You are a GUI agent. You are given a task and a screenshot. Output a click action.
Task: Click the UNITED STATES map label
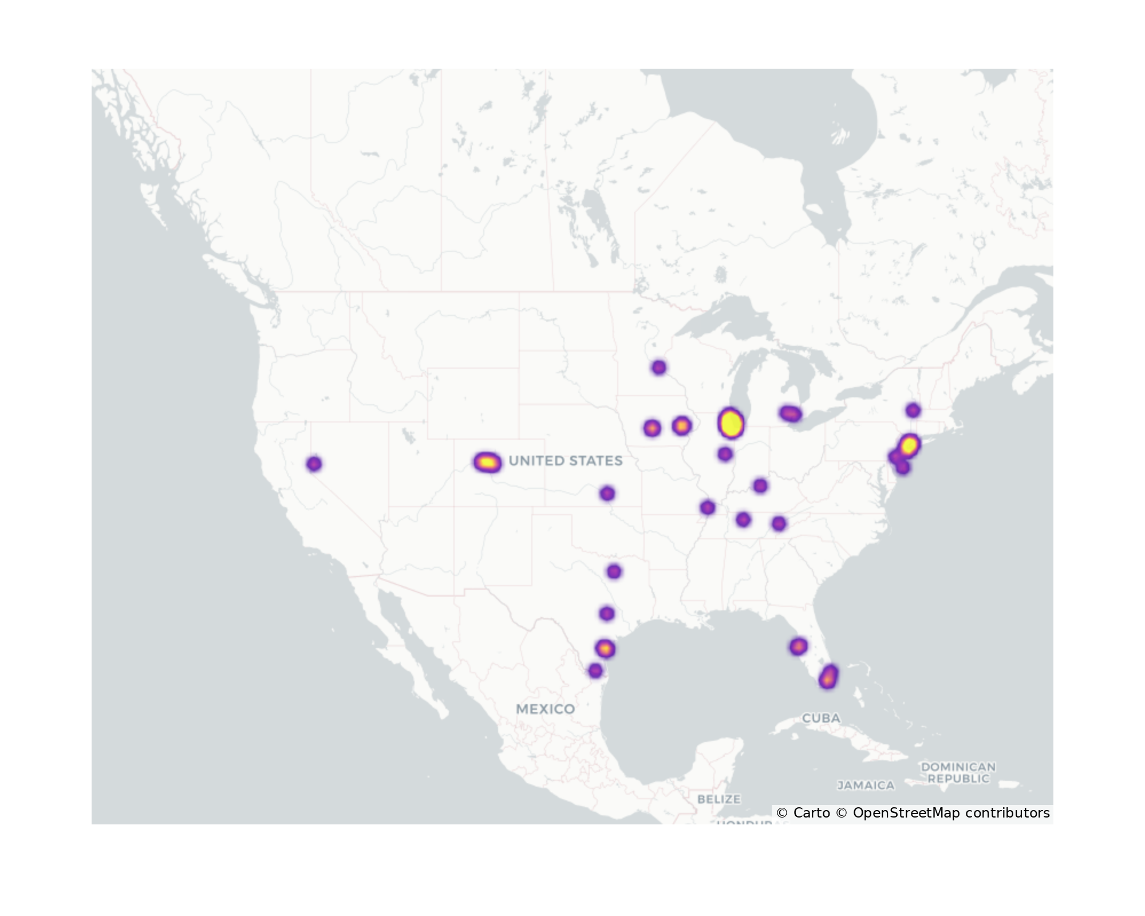[x=565, y=461]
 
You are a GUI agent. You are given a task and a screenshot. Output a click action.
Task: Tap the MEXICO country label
[x=545, y=709]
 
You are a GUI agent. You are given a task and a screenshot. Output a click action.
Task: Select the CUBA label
[x=821, y=718]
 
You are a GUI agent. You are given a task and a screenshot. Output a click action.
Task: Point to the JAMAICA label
[x=866, y=785]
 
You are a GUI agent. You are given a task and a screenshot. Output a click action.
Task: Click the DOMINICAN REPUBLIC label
[x=958, y=772]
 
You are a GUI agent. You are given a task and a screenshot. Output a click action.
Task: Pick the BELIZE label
[x=719, y=799]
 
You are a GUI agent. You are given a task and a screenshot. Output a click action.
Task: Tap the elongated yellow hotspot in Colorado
[x=487, y=462]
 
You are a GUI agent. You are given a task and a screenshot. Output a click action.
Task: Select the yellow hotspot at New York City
[x=909, y=445]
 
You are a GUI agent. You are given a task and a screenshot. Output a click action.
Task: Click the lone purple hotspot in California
[x=314, y=464]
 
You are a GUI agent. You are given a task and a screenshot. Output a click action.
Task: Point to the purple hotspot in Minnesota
[x=659, y=368]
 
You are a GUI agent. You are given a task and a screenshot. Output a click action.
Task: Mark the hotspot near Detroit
[x=791, y=413]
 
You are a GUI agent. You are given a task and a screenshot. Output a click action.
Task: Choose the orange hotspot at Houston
[x=605, y=649]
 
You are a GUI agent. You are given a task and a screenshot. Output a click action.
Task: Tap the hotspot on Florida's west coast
[x=799, y=647]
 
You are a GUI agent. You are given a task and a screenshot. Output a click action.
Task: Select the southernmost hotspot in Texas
[x=595, y=671]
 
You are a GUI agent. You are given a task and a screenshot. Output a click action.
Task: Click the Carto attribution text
[x=803, y=813]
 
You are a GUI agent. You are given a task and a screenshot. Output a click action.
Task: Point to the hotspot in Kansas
[x=607, y=493]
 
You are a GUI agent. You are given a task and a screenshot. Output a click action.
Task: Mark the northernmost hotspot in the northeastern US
[x=913, y=410]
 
